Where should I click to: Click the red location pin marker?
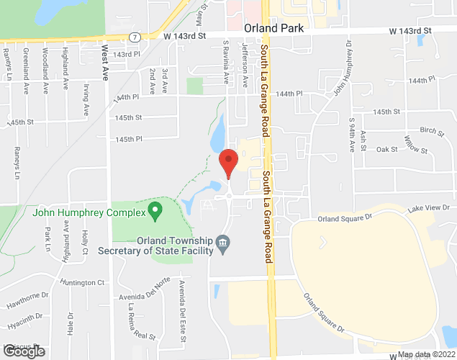click(228, 162)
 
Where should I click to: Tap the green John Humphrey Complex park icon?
click(153, 211)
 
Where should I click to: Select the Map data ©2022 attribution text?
click(426, 354)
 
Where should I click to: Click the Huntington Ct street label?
click(83, 282)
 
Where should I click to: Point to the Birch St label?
click(433, 130)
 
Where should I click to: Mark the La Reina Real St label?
click(142, 321)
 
